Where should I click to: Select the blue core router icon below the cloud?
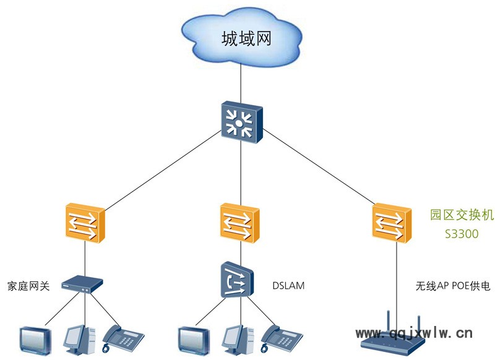241,121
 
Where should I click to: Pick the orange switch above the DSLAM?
240,221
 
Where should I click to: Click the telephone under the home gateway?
123,337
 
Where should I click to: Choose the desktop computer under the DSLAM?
238,338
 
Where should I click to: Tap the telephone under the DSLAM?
282,337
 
